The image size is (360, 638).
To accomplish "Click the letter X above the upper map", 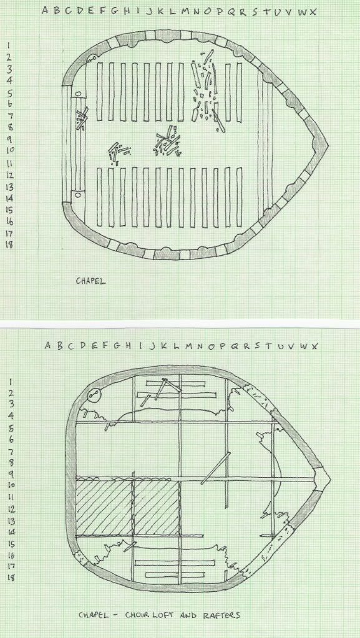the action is [313, 11].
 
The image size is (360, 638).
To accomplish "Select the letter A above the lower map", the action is [47, 346].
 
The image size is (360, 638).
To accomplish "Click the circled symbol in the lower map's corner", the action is [93, 394].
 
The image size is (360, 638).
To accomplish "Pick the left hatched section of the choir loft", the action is [105, 508].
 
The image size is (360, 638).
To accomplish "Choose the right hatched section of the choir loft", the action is [157, 508].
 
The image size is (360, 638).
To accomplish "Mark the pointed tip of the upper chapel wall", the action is [328, 145].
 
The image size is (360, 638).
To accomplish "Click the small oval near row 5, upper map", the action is [78, 95].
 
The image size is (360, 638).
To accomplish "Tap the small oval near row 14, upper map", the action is [78, 195].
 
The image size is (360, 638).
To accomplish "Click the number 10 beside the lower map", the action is [11, 485].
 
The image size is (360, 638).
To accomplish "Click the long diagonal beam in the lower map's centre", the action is [216, 468].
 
